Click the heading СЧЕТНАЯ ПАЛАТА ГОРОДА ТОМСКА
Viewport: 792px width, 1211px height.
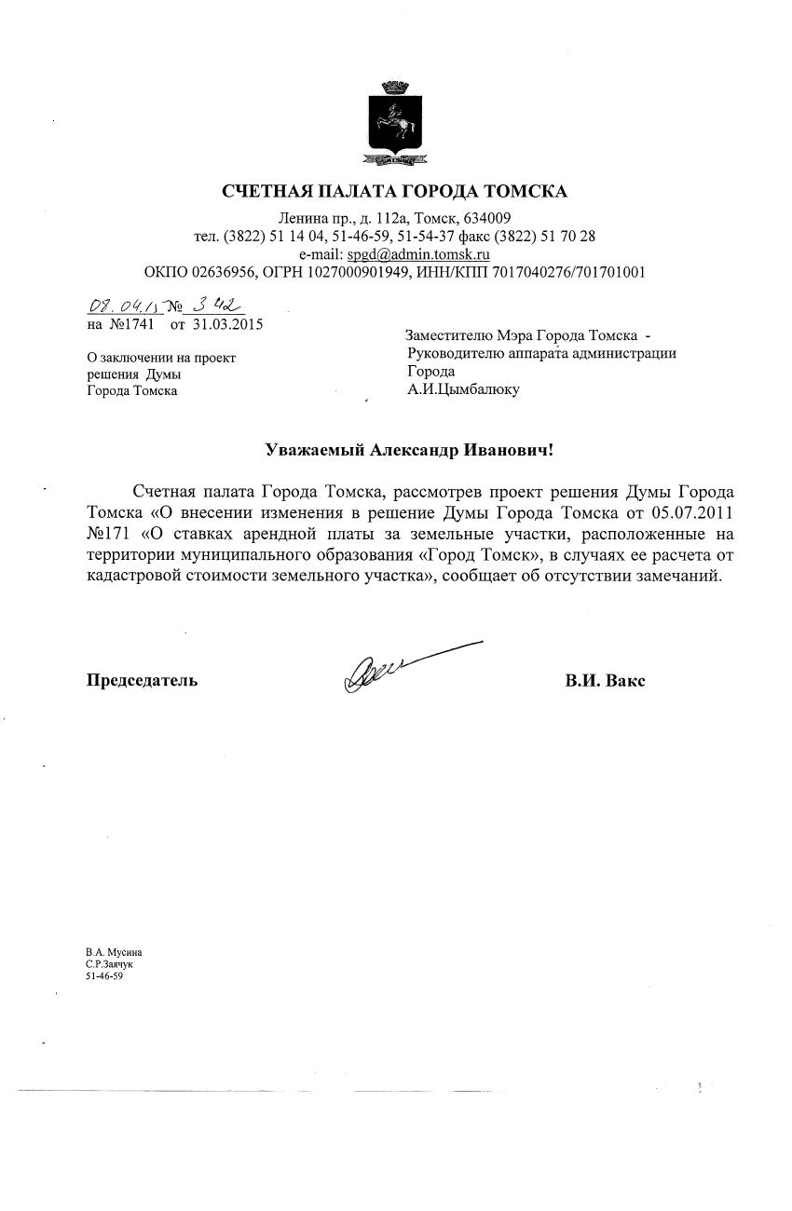(395, 192)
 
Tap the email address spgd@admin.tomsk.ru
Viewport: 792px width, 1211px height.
(419, 253)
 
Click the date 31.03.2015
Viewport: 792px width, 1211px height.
(228, 324)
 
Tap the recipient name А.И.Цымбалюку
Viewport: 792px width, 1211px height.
(463, 389)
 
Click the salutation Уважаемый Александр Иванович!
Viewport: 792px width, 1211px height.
(410, 451)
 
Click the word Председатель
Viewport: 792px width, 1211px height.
(142, 680)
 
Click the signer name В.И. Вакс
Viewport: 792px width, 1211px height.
(605, 680)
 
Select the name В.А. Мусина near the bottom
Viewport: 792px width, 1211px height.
(114, 952)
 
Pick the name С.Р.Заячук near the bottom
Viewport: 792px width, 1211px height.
(109, 964)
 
